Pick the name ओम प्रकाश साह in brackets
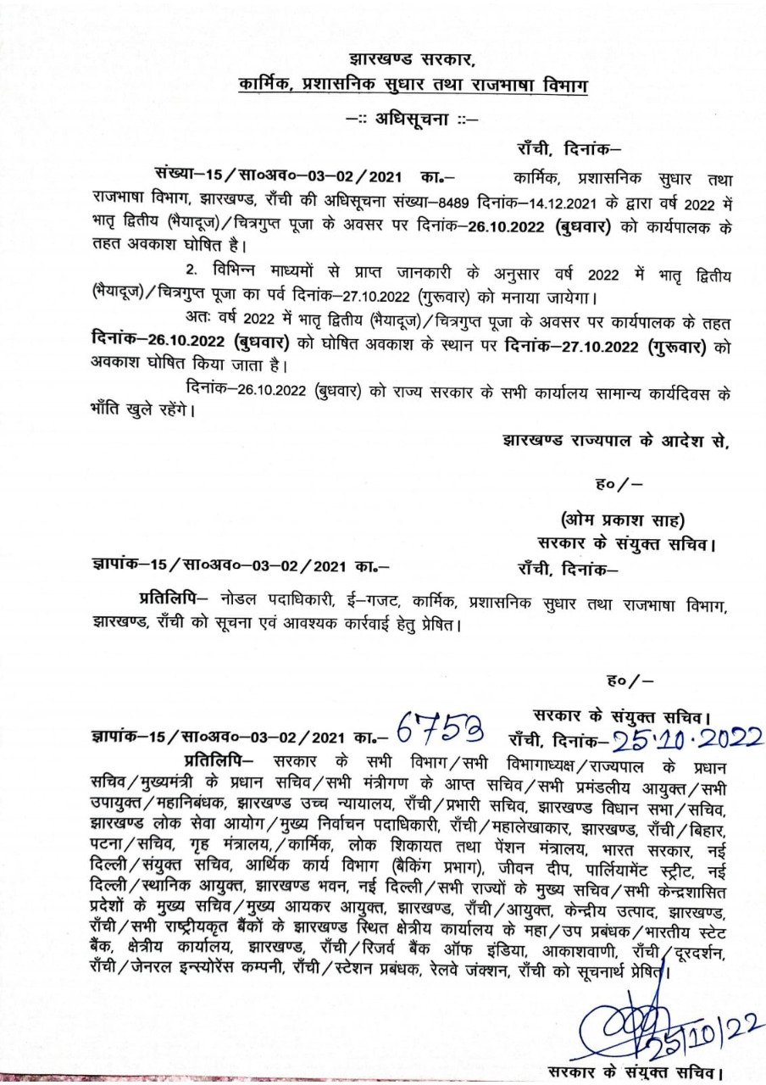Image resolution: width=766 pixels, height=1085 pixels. (623, 519)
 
